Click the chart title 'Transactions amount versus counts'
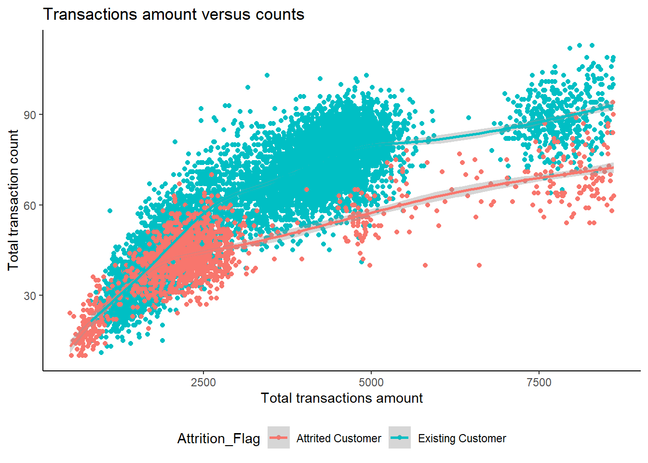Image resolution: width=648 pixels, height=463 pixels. pos(174,14)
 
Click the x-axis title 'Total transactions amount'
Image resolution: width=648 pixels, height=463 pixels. pos(341,398)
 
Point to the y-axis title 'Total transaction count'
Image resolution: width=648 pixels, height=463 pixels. pos(13,200)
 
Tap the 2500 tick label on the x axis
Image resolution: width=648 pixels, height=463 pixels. pos(203,383)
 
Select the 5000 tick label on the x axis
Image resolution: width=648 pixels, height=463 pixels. pos(371,383)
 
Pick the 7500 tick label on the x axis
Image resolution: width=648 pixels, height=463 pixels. pos(539,383)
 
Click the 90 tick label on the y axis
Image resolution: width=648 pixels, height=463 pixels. pos(30,115)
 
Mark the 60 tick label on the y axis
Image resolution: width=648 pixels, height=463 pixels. pos(30,205)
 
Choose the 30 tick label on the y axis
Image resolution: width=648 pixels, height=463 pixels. pos(30,296)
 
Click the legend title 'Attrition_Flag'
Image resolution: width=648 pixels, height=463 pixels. pos(218,438)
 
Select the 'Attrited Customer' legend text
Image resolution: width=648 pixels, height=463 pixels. pos(338,438)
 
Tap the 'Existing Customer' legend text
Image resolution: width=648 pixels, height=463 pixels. pos(462,438)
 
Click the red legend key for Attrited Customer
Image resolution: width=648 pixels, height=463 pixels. pos(279,438)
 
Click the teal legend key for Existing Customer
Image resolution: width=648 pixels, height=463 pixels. pos(400,438)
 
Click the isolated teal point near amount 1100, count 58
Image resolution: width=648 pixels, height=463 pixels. pos(110,211)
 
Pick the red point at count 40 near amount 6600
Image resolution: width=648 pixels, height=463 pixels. pos(479,265)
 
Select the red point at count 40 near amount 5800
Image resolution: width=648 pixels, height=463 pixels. pos(425,265)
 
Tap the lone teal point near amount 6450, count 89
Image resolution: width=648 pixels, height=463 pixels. pos(468,118)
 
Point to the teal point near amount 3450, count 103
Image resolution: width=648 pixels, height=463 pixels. pos(267,75)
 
